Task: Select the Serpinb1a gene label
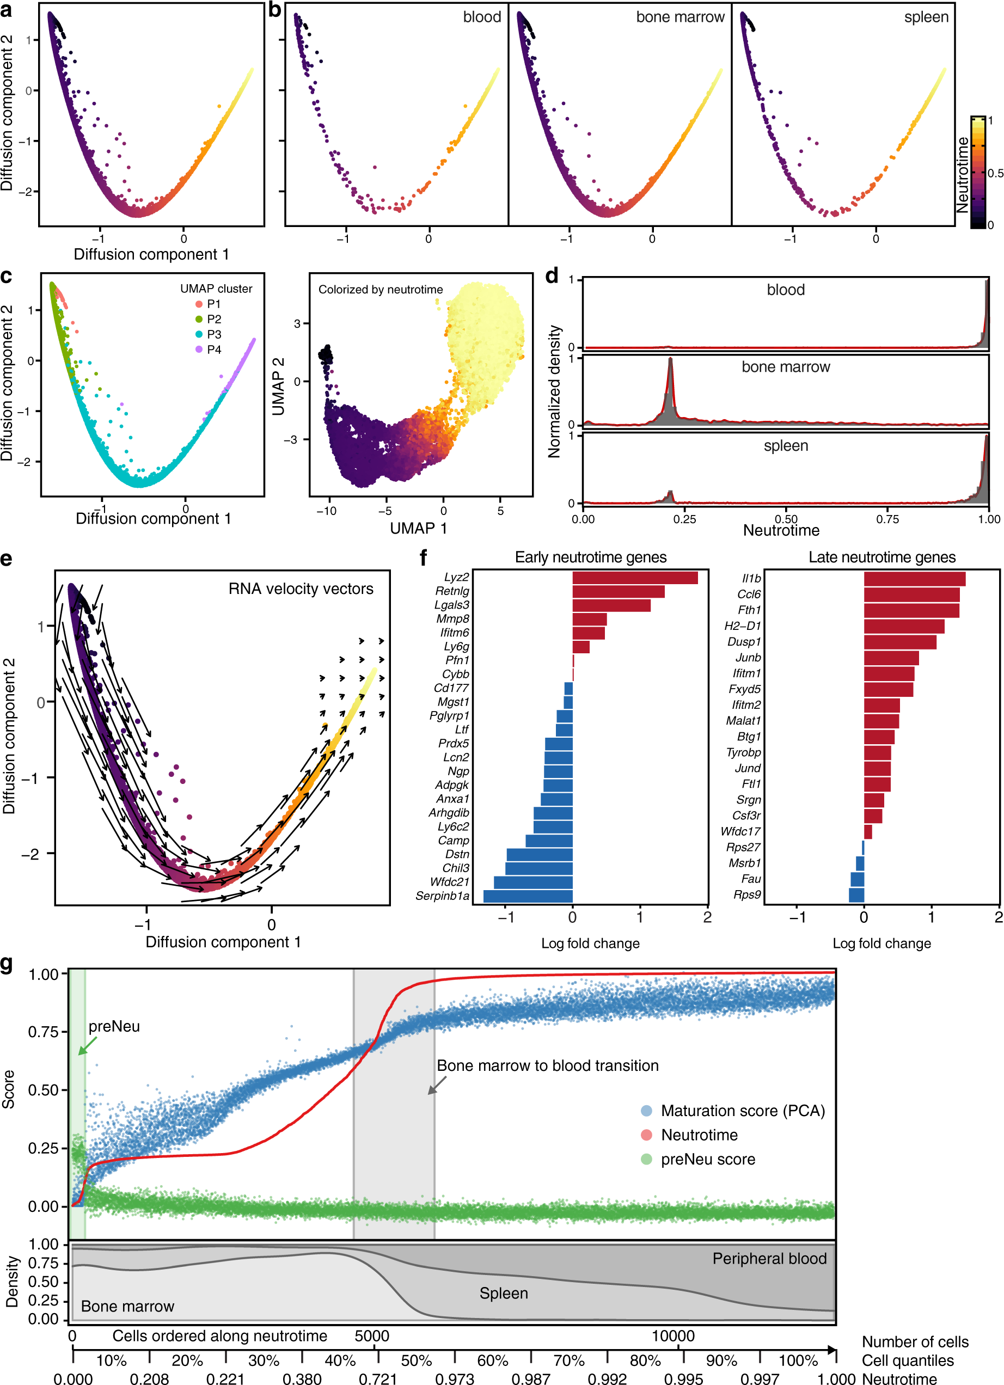click(x=442, y=896)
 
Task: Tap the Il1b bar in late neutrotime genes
click(x=914, y=578)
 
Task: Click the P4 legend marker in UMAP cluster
click(x=199, y=350)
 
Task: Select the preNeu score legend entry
click(x=707, y=1159)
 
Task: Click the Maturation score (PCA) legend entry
click(x=742, y=1110)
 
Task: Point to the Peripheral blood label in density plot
click(x=769, y=1259)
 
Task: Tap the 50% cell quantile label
click(x=417, y=1361)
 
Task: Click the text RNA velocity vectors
click(x=301, y=589)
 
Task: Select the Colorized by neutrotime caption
click(x=381, y=290)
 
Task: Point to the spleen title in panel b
click(x=926, y=17)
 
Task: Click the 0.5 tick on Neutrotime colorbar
click(x=995, y=174)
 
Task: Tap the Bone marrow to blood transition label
click(x=547, y=1065)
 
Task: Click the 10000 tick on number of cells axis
click(x=672, y=1335)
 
